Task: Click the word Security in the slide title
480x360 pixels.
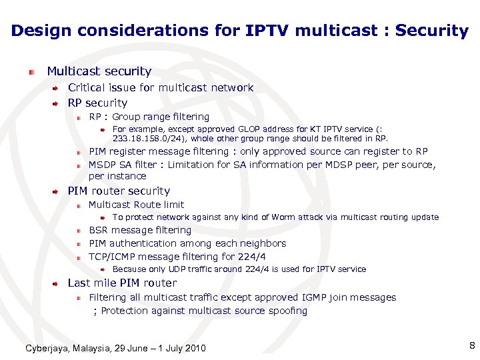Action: (x=433, y=31)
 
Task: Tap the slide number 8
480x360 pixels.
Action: (x=471, y=345)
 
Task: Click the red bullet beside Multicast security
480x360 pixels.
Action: (x=31, y=71)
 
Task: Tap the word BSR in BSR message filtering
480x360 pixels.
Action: (x=99, y=230)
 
